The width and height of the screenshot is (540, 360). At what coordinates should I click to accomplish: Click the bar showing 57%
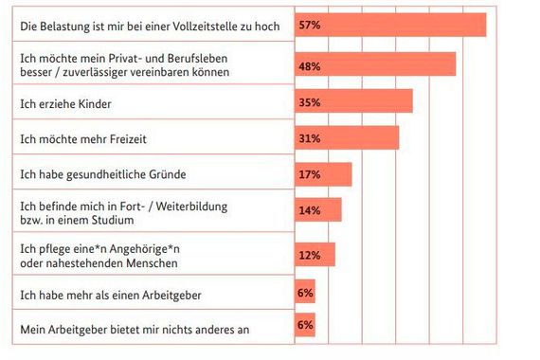click(x=389, y=25)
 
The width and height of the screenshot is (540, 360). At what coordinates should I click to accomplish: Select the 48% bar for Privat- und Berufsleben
click(x=375, y=63)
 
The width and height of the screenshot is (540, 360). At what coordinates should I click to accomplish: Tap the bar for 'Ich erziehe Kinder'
click(x=353, y=100)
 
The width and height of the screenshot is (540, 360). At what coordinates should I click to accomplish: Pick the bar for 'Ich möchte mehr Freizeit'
click(x=347, y=138)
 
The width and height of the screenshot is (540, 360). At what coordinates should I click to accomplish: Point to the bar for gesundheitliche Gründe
click(x=323, y=174)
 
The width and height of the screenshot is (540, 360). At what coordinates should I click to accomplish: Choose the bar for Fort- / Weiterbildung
click(x=317, y=210)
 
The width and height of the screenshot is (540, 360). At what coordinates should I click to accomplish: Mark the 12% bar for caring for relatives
click(x=315, y=255)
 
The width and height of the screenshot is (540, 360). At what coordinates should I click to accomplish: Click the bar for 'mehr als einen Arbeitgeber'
click(x=304, y=293)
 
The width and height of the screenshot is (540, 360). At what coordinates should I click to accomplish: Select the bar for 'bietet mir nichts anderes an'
click(x=304, y=326)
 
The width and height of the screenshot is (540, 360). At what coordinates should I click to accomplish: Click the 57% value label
click(x=310, y=26)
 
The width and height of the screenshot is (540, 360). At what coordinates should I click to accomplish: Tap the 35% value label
click(x=310, y=101)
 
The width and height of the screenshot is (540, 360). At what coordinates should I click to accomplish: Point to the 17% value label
click(x=310, y=175)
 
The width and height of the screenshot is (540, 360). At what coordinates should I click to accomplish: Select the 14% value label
click(x=310, y=211)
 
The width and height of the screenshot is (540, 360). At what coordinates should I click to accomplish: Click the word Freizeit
click(x=122, y=139)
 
